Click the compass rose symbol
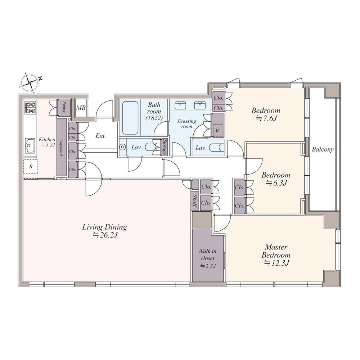(x=29, y=83)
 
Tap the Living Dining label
(x=104, y=227)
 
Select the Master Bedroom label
(x=276, y=251)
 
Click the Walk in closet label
(x=208, y=255)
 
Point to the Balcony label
(x=323, y=150)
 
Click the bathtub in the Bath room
(x=130, y=118)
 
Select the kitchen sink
(x=30, y=146)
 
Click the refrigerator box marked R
(x=31, y=167)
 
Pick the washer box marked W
(x=217, y=131)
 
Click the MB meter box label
(x=81, y=107)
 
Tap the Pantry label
(x=64, y=107)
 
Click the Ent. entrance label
(x=100, y=136)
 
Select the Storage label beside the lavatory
(x=164, y=147)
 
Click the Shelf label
(x=195, y=201)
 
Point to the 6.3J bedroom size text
(x=276, y=183)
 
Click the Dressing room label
(x=186, y=123)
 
